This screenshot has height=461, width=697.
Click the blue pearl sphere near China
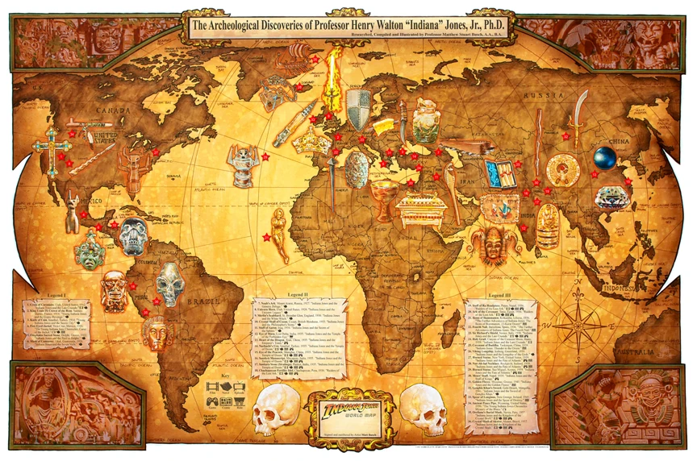(x=604, y=156)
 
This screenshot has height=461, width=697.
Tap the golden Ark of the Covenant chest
(x=420, y=210)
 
